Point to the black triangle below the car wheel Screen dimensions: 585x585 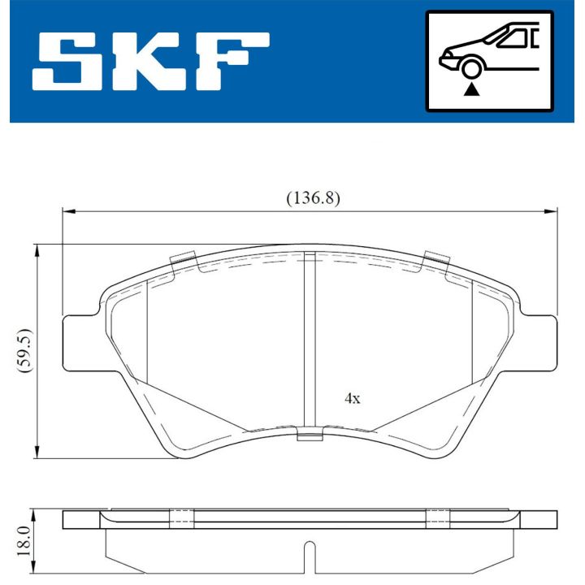tap(470, 91)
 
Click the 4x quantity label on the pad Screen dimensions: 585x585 tap(352, 399)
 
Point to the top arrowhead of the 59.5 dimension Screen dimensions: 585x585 tap(37, 249)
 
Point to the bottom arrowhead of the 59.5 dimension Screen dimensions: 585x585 tap(37, 453)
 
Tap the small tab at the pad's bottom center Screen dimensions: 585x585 tap(310, 436)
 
